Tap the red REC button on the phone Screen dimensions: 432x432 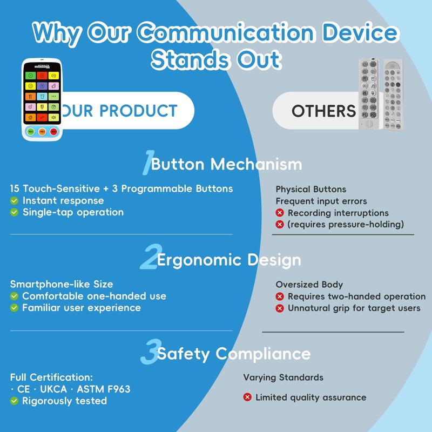click(53, 131)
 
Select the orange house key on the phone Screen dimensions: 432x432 click(30, 117)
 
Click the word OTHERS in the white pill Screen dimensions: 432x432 click(323, 111)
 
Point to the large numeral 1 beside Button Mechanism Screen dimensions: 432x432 click(146, 164)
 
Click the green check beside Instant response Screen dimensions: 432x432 click(15, 200)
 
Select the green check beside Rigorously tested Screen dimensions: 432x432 click(15, 401)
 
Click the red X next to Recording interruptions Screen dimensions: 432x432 click(280, 213)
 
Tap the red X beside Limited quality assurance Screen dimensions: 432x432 click(247, 397)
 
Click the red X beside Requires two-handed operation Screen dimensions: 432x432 click(280, 296)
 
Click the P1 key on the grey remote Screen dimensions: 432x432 click(365, 115)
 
